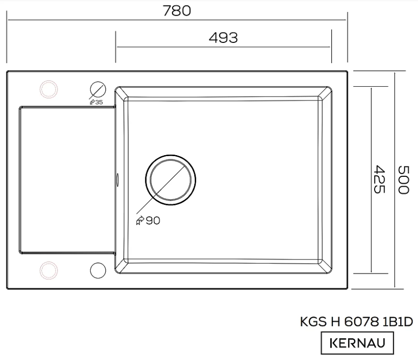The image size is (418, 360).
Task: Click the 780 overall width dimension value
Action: tap(177, 10)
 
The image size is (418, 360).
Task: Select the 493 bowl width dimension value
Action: tap(223, 37)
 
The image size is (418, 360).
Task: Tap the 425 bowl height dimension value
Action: tap(378, 179)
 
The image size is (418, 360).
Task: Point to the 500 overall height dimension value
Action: tap(403, 179)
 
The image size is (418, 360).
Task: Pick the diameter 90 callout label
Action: tap(148, 221)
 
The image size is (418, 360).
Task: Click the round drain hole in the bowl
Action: tap(170, 180)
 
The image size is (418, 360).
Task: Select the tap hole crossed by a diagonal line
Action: tap(98, 89)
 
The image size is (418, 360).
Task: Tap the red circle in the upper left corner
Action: tap(48, 89)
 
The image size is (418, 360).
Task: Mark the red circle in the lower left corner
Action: tap(48, 270)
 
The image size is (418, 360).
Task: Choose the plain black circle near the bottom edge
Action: tap(98, 270)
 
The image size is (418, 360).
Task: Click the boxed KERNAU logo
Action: tap(357, 343)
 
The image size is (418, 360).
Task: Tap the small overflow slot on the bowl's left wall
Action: tap(117, 180)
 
